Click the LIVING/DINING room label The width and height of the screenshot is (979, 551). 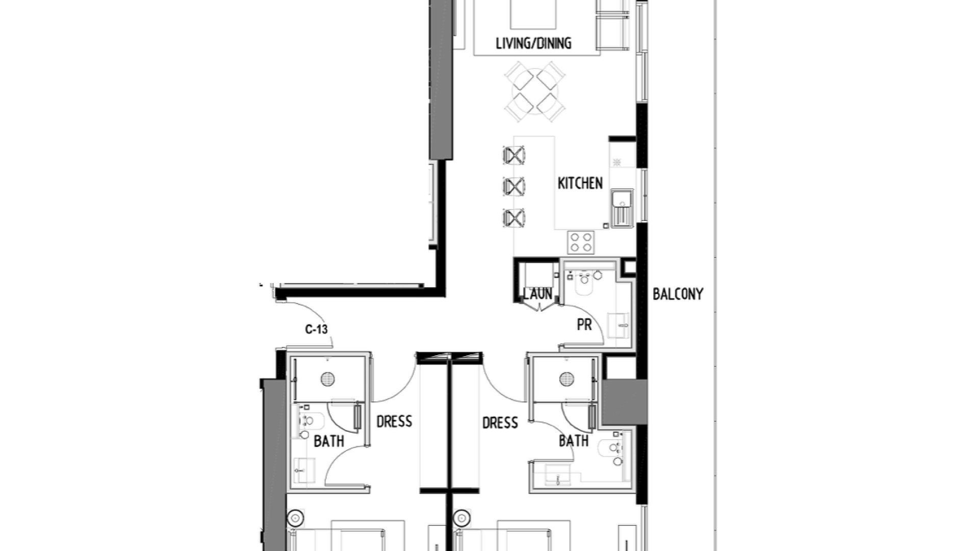point(533,43)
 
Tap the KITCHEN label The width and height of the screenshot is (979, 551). point(580,183)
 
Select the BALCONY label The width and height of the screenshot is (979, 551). point(678,294)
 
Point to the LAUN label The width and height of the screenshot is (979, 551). point(537,293)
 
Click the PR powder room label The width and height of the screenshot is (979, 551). point(584,325)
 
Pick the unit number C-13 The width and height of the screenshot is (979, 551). point(316,330)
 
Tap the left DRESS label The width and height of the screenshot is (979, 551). point(394,421)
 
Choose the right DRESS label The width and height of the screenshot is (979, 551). point(500,422)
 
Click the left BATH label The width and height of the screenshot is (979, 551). point(329,441)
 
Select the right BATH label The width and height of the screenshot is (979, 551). point(574,441)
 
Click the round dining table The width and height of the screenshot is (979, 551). point(534,92)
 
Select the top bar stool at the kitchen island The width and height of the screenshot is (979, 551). point(513,155)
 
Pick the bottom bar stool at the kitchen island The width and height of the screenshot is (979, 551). point(513,218)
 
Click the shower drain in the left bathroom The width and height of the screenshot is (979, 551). point(328,379)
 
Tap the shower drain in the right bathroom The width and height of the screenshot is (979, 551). point(566,379)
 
